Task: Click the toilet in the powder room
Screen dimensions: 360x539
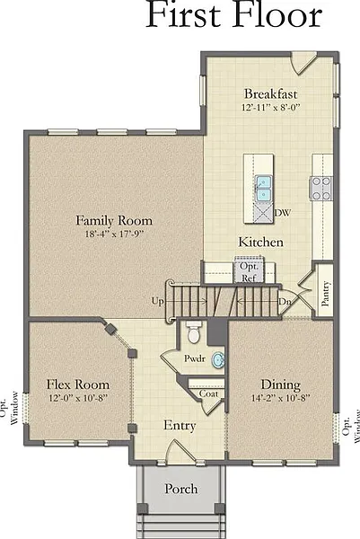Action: point(193,331)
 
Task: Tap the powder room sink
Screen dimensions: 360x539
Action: point(218,360)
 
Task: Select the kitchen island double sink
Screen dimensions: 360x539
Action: point(263,189)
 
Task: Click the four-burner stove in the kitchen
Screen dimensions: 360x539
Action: point(320,189)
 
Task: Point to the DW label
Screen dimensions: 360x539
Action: point(282,213)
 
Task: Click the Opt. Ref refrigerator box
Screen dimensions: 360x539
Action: point(249,269)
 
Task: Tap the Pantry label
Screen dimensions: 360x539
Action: point(325,293)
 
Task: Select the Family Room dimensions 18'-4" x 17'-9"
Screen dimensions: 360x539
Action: point(114,234)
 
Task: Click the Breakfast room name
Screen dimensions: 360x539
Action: point(271,93)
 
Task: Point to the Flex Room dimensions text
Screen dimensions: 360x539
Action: point(78,398)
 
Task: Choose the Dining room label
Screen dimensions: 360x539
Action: point(281,384)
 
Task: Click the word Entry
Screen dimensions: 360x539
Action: point(180,425)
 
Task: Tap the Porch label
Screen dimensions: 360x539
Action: point(181,489)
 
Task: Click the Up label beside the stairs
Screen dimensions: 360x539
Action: point(158,301)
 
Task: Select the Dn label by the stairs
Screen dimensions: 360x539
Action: point(285,302)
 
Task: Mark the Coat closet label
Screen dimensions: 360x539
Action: point(208,393)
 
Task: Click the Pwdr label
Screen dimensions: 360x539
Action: point(195,358)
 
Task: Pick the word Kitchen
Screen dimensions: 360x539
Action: point(261,242)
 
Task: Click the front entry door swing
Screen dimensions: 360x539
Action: point(180,451)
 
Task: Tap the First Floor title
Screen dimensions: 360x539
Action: point(234,14)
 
